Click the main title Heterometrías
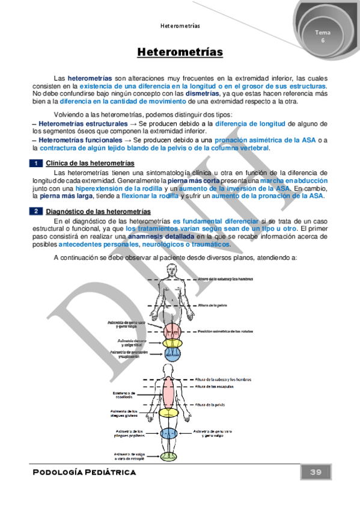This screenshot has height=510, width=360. (180, 53)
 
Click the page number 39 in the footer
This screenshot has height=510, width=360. (316, 472)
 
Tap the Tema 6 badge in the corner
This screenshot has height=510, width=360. (322, 35)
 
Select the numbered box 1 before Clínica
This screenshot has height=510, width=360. (36, 164)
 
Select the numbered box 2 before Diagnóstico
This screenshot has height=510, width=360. (36, 212)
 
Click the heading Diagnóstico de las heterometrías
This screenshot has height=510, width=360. (99, 212)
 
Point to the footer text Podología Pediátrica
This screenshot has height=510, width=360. (84, 472)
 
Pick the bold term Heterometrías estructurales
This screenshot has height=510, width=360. (75, 123)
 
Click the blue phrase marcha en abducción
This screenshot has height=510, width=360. (294, 180)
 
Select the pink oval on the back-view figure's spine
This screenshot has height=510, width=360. (169, 392)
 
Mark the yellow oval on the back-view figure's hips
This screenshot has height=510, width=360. (169, 413)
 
